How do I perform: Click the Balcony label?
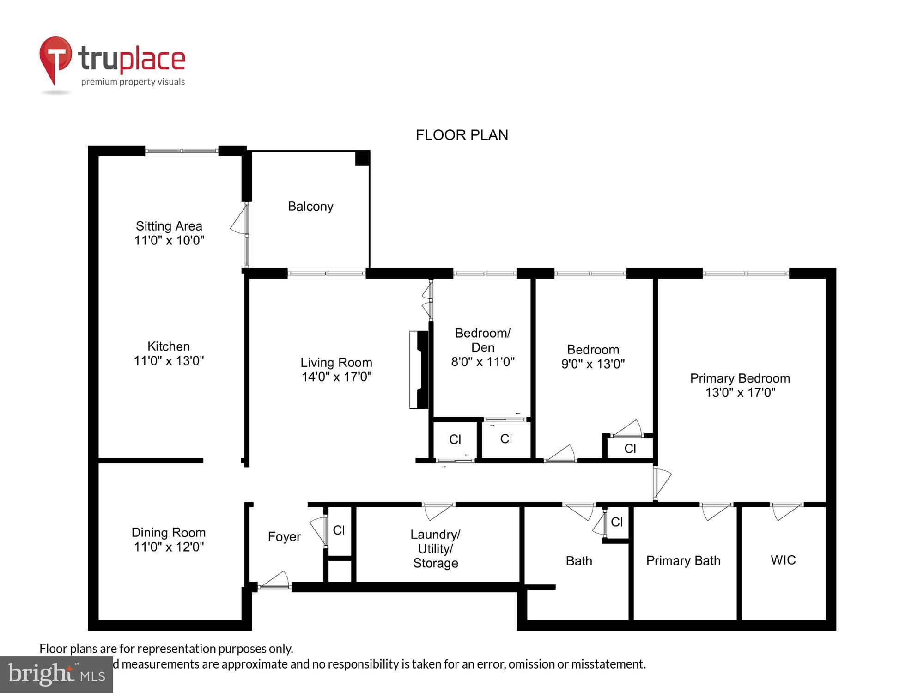[310, 206]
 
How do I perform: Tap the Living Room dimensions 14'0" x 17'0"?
[336, 377]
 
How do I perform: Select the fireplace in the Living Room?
[419, 370]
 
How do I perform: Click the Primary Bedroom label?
[740, 378]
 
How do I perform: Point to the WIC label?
[783, 560]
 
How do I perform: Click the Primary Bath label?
[683, 560]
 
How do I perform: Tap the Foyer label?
[284, 536]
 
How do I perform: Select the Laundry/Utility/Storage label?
[435, 548]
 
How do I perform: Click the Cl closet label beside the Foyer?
[339, 530]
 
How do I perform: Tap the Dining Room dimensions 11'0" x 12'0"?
[169, 547]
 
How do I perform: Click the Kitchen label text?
[169, 346]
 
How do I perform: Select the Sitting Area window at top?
[181, 151]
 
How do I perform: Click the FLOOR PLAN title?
[462, 135]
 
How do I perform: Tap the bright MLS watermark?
[56, 674]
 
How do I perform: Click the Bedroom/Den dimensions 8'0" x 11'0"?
[482, 362]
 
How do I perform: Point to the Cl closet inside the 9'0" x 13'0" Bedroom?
[630, 448]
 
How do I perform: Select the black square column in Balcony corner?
[362, 158]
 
